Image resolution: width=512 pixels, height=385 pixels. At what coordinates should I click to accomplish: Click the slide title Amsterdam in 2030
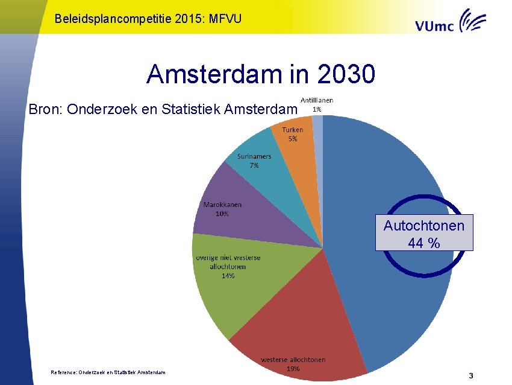coord(261,75)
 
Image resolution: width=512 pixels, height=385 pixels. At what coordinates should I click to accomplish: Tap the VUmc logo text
coord(435,25)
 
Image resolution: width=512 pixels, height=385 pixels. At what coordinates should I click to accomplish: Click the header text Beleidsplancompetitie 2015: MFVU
coord(148,19)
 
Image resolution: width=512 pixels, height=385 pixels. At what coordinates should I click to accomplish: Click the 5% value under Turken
coord(292,139)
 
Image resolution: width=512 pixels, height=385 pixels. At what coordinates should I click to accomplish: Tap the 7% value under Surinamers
coord(254,165)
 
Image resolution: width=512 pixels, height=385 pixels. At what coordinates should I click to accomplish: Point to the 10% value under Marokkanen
coord(222,214)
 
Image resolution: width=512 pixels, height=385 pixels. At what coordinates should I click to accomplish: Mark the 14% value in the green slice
coord(228,276)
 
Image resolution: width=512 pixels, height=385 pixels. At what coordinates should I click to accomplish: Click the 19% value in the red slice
coord(293,369)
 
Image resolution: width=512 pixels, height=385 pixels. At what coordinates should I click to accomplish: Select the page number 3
coord(471,375)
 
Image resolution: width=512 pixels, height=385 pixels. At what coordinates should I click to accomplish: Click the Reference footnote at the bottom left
coord(108,372)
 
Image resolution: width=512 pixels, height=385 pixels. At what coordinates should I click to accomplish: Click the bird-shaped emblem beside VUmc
coord(473,21)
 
